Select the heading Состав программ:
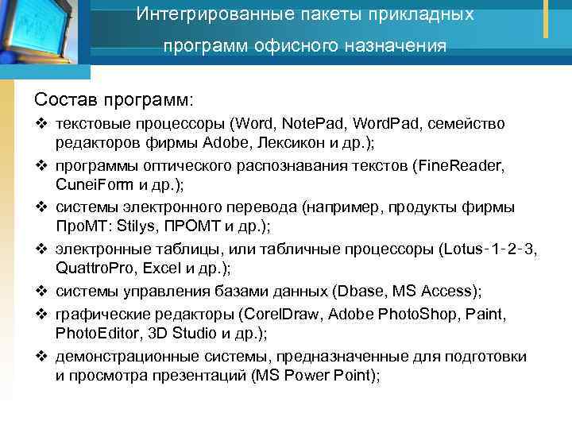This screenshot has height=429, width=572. point(114,101)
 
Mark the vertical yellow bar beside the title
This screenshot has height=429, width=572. point(546,18)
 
